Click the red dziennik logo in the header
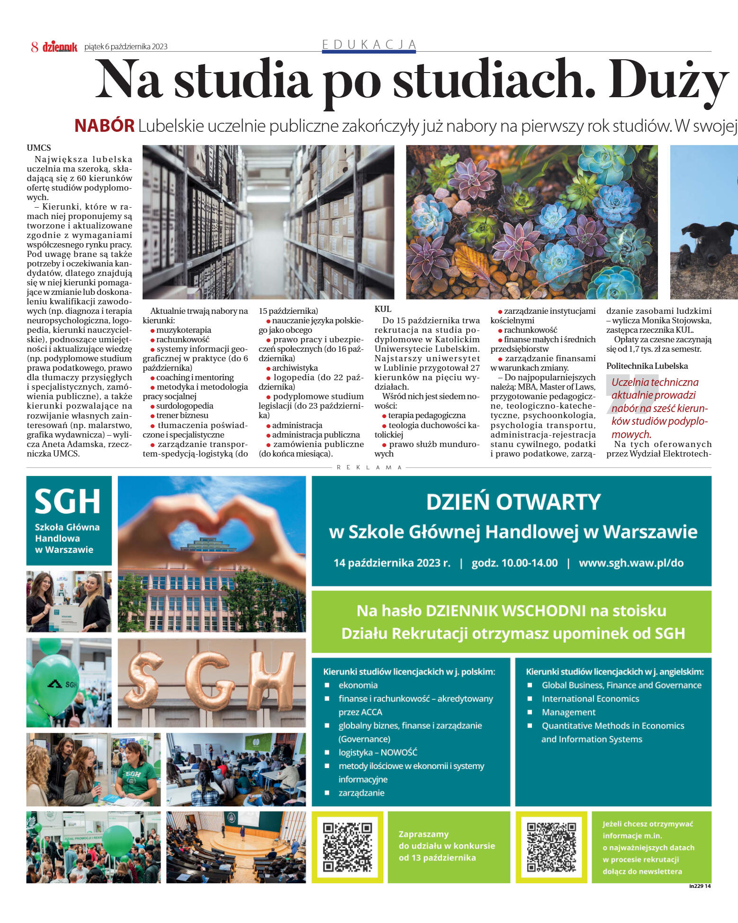coord(60,46)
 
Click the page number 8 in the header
coord(35,46)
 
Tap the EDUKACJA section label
coord(369,45)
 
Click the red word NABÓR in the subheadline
coord(105,126)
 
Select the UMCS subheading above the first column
coord(39,148)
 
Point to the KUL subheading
coord(383,309)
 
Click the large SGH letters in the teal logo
coord(68,502)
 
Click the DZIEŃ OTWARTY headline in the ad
coord(513,502)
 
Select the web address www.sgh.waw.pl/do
coord(631,563)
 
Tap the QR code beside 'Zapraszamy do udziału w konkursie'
coord(347,847)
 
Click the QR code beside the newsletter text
coord(551,847)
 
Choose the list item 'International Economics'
coord(590,699)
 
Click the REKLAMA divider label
coord(369,467)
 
